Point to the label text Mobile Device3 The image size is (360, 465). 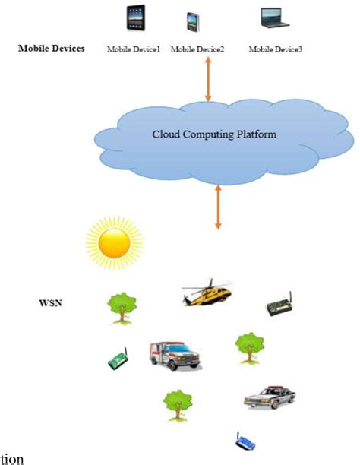click(275, 49)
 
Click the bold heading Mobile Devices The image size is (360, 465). click(52, 49)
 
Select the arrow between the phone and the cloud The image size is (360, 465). click(208, 79)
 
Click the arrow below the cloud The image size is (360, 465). click(219, 206)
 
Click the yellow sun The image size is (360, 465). click(114, 242)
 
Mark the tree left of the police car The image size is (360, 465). click(178, 404)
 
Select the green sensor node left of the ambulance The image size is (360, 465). click(117, 359)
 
